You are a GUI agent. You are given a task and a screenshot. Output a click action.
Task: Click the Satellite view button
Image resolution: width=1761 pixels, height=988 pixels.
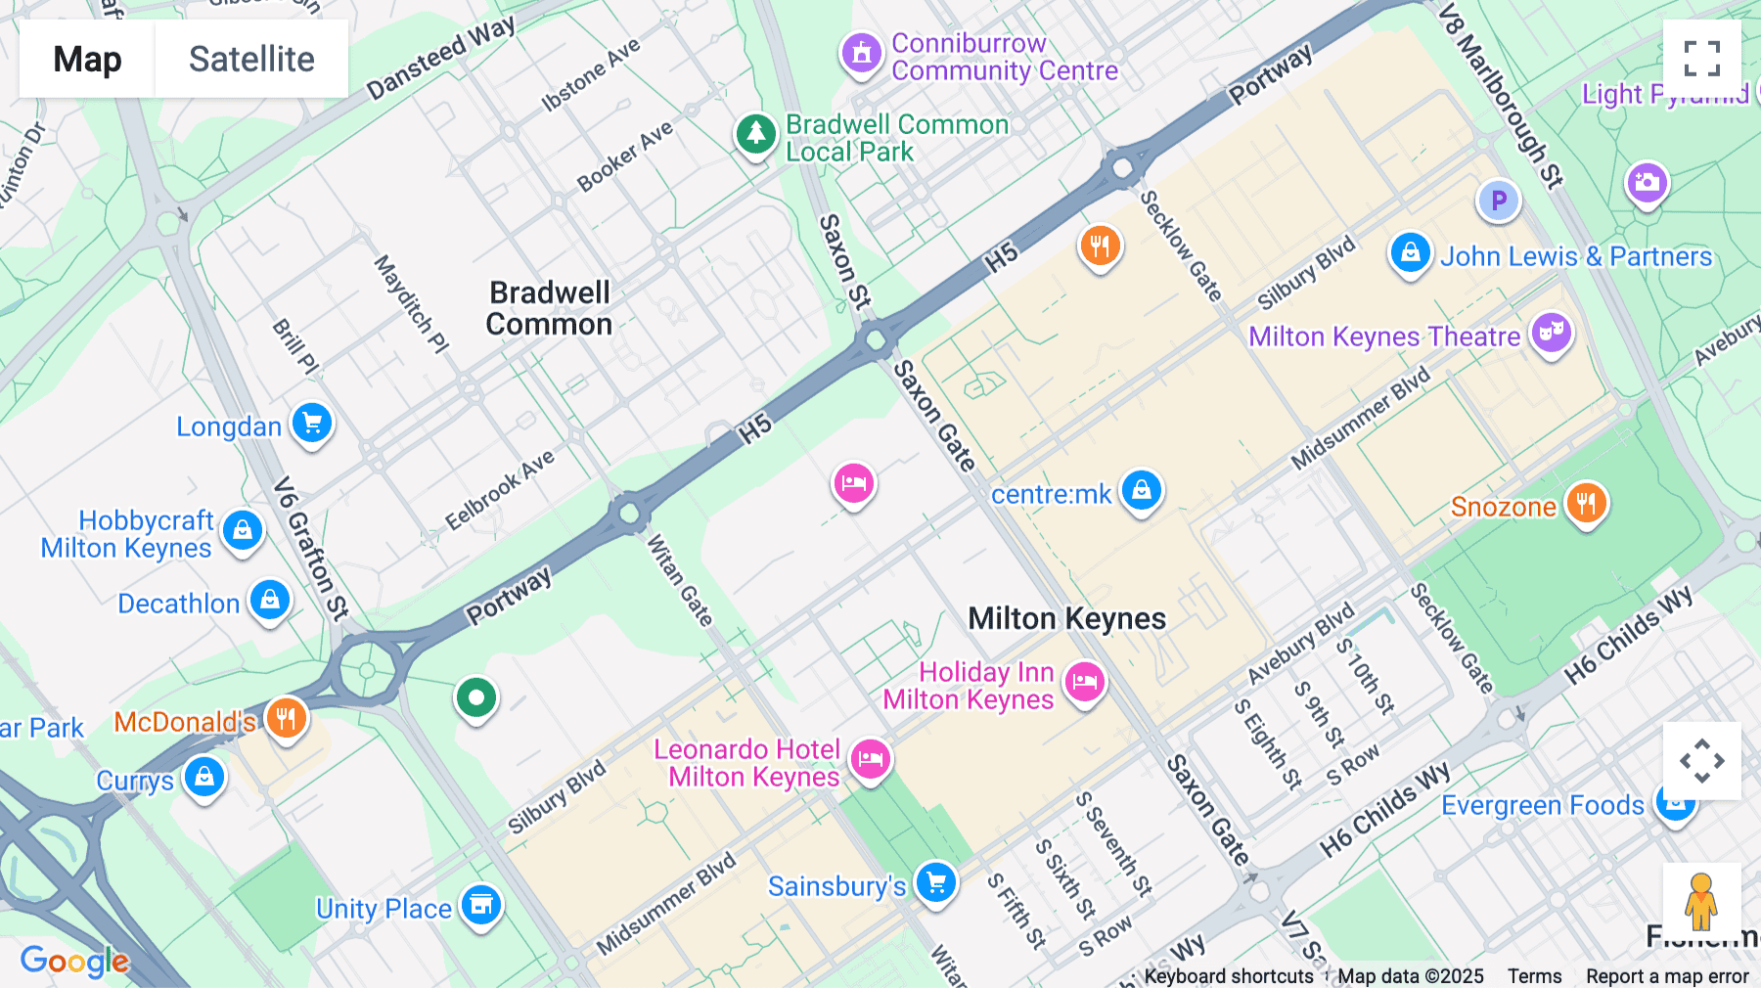[251, 59]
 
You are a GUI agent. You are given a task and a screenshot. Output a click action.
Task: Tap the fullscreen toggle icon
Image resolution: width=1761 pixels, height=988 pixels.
[1701, 59]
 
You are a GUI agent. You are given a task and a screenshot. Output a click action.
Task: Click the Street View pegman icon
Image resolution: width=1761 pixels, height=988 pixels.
[1701, 901]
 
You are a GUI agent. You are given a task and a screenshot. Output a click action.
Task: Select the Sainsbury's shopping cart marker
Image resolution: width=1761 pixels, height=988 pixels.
[935, 882]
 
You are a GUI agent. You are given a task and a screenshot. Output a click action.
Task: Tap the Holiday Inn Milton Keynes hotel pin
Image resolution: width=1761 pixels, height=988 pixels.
[1084, 681]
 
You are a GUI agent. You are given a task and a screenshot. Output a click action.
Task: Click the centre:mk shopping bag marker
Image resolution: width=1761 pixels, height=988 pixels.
[1141, 490]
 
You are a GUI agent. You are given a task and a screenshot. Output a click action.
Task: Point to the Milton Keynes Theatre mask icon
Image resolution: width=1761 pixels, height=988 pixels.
[1551, 333]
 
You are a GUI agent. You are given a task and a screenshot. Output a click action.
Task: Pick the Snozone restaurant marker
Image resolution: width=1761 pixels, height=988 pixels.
[1586, 503]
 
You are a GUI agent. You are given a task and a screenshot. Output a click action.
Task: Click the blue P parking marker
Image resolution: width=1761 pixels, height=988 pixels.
[1498, 202]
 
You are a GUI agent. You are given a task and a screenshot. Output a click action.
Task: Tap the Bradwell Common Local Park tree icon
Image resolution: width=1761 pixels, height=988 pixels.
[755, 134]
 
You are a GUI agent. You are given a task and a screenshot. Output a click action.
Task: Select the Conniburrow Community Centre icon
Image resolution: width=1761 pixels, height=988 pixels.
[862, 53]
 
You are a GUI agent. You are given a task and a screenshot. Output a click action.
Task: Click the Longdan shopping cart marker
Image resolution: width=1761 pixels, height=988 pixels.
[312, 424]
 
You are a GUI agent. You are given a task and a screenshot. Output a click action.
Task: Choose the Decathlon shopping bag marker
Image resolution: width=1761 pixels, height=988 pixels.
[270, 600]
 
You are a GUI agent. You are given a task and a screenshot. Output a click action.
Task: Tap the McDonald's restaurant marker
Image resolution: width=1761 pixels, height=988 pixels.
[286, 719]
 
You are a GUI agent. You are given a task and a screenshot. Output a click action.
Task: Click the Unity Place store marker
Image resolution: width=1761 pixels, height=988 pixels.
[480, 905]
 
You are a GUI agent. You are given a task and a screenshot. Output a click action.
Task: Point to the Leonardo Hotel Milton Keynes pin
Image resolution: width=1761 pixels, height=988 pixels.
[870, 759]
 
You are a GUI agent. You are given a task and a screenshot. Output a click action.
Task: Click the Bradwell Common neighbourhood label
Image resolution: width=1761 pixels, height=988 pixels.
[550, 308]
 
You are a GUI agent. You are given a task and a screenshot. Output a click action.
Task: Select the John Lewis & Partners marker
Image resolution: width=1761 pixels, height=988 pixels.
[1410, 252]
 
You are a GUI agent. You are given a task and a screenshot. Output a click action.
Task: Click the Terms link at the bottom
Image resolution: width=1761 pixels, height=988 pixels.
[1534, 975]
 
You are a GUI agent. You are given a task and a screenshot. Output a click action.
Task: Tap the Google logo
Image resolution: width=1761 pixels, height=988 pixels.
[74, 962]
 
